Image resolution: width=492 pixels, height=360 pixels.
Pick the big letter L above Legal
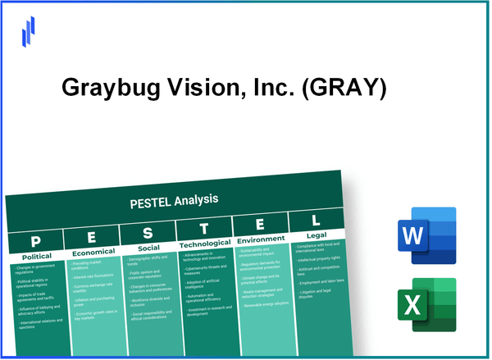tap(315, 221)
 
